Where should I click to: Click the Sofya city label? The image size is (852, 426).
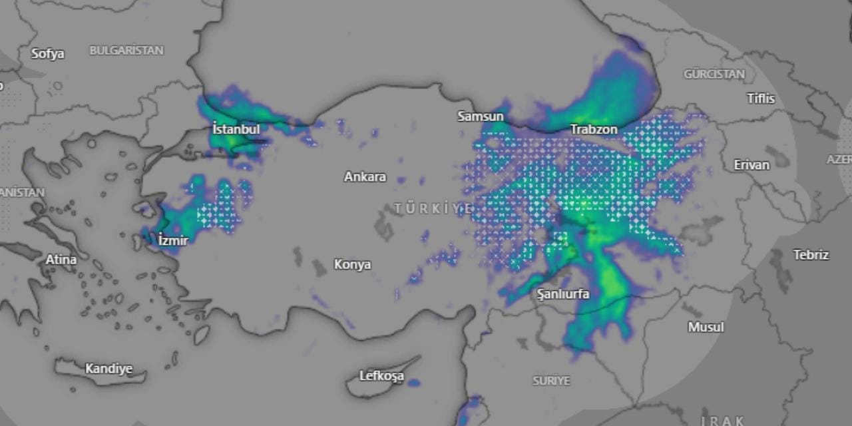(47, 54)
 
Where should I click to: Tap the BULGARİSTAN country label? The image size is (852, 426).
(126, 51)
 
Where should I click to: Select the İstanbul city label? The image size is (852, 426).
(236, 128)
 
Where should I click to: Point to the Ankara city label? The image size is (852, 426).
(365, 177)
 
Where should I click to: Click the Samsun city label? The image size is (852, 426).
(480, 116)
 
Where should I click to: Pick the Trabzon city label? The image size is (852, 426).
(594, 129)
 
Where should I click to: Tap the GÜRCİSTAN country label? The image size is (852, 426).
(714, 74)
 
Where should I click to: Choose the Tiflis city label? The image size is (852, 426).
(761, 99)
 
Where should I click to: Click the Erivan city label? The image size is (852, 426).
(751, 164)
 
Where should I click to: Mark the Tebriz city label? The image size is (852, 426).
(811, 254)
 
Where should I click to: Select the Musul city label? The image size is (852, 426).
(706, 327)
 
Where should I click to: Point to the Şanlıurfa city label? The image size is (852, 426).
(563, 294)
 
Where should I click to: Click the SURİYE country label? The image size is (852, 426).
(551, 381)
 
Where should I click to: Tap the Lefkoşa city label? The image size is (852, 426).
(381, 376)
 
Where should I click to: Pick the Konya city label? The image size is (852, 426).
(352, 264)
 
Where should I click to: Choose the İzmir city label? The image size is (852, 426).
(173, 240)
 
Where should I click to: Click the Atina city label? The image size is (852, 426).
(61, 260)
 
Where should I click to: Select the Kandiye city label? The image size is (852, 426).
(108, 368)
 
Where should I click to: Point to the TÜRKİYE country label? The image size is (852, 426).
(433, 208)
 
